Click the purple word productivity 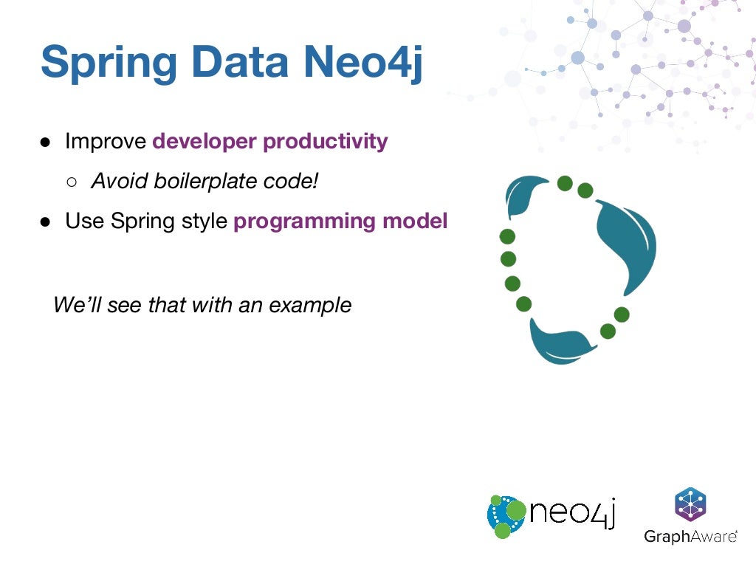click(x=326, y=142)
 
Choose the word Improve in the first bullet click(x=106, y=142)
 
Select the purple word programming click(x=296, y=221)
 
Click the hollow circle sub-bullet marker click(x=72, y=182)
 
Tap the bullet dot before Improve click(x=46, y=142)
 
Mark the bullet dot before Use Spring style click(x=46, y=222)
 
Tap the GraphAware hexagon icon click(x=690, y=505)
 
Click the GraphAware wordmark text click(x=690, y=537)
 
